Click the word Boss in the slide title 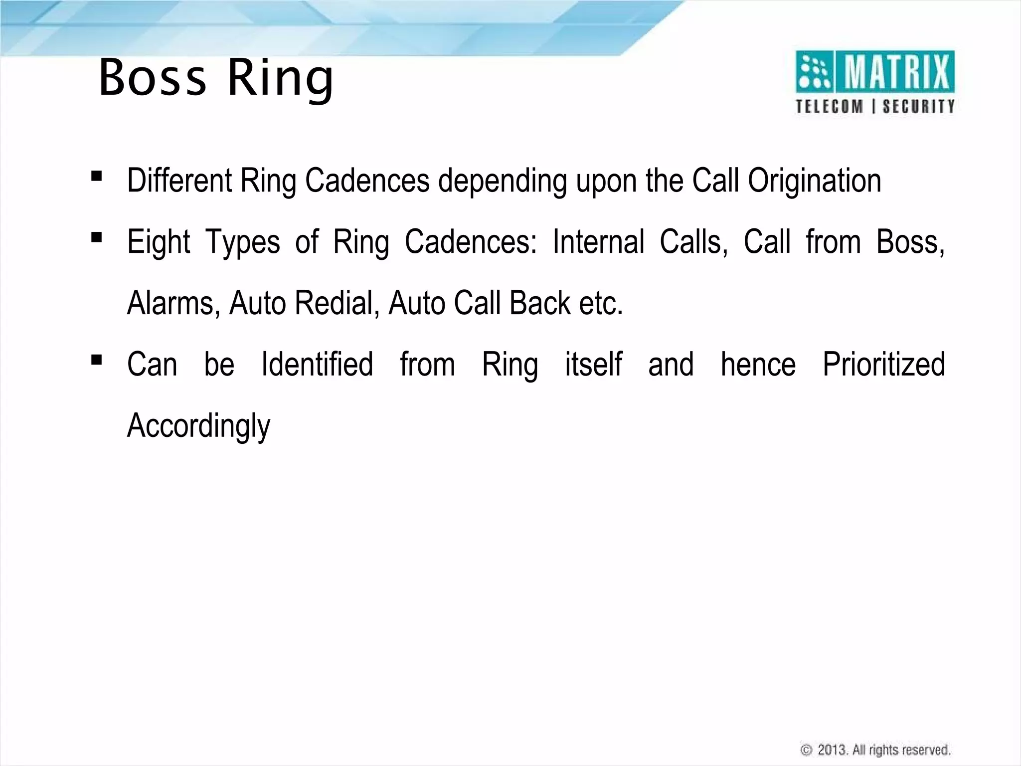point(152,78)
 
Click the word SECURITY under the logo point(918,107)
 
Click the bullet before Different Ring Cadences point(97,176)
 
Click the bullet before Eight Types point(97,237)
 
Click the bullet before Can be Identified point(97,360)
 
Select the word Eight point(159,242)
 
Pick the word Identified point(317,364)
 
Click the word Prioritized point(883,364)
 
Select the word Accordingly point(198,426)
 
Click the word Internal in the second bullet point(598,242)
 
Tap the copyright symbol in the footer point(806,750)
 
